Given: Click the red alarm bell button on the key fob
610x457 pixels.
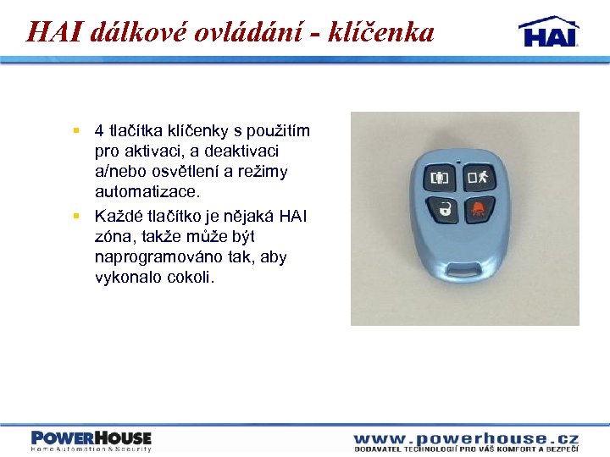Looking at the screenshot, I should click(480, 209).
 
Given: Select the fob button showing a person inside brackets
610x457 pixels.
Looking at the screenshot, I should click(439, 179).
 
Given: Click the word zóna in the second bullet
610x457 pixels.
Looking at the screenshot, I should click(115, 237).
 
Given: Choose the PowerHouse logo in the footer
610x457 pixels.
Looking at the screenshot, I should click(91, 440).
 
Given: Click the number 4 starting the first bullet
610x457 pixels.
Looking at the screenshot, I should click(99, 130).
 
